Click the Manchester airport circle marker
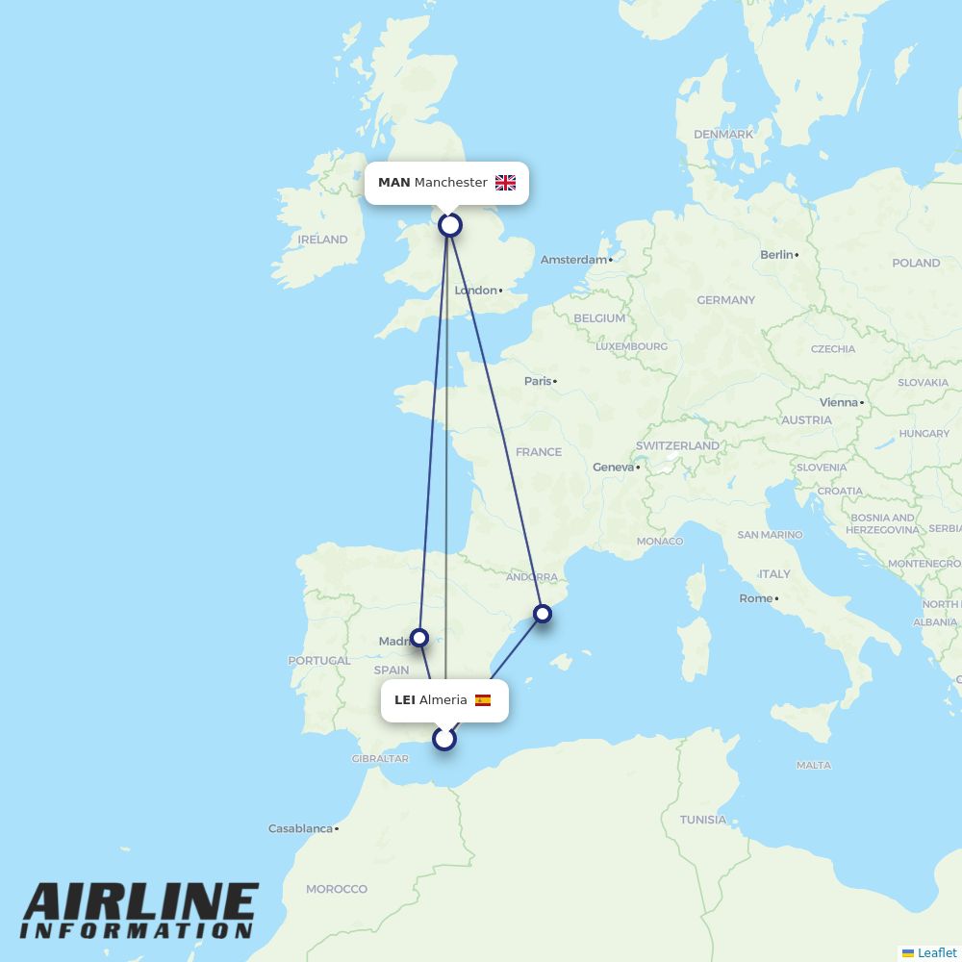(x=450, y=225)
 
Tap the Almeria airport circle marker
(x=444, y=739)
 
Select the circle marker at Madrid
(x=419, y=637)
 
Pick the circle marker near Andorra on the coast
(x=543, y=613)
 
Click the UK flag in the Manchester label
(x=505, y=183)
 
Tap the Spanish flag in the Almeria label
(x=483, y=700)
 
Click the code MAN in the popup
(x=393, y=183)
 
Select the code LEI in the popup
(x=405, y=700)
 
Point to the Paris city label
(x=538, y=381)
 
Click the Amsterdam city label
(x=573, y=260)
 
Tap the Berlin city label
(x=776, y=255)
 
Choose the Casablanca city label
(x=300, y=828)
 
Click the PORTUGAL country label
(x=319, y=661)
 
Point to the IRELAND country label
(x=322, y=240)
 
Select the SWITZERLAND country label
(x=677, y=446)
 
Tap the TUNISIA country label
(x=703, y=820)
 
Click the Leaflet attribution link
(x=936, y=952)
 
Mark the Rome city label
(x=755, y=598)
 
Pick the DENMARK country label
(x=723, y=135)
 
